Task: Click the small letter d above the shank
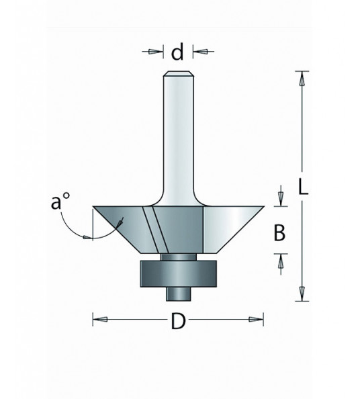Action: click(x=178, y=52)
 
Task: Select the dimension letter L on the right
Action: click(x=303, y=189)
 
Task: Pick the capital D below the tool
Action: click(x=178, y=322)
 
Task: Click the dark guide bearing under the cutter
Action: click(x=178, y=274)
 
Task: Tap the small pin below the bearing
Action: click(x=178, y=293)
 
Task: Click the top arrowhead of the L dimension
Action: click(x=303, y=77)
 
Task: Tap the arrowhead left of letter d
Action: click(x=159, y=50)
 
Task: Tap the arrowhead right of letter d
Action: click(x=199, y=50)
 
